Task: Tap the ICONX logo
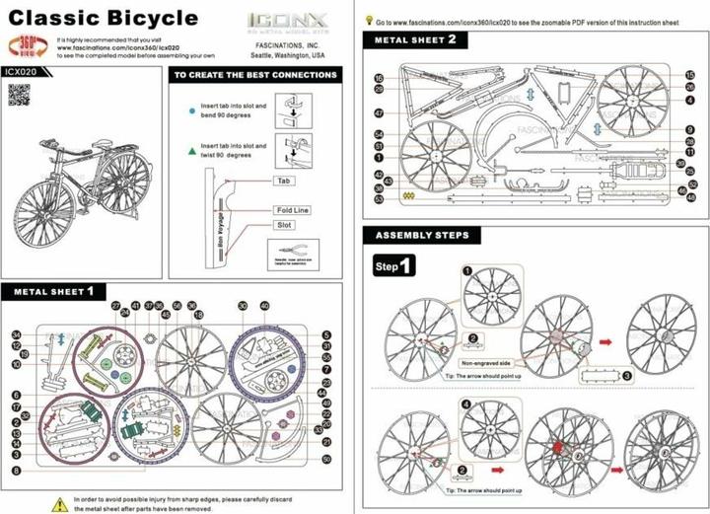(277, 19)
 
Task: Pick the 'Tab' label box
(283, 182)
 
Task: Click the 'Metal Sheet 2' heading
(415, 39)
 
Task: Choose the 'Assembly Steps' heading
(422, 236)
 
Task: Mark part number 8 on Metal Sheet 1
(17, 471)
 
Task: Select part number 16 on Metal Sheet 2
(379, 78)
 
